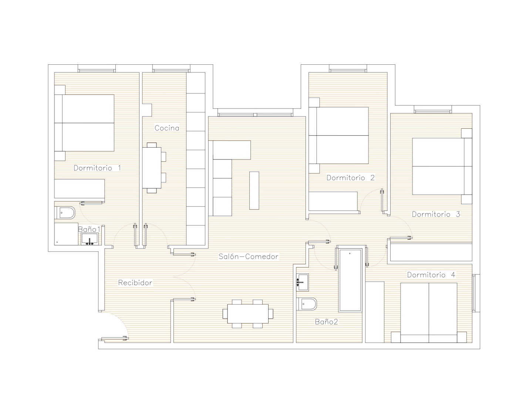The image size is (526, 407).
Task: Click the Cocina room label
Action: (167, 128)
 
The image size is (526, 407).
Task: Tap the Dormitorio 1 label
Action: (97, 168)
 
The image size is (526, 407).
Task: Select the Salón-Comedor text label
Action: (248, 256)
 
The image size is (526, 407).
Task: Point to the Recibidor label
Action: (135, 283)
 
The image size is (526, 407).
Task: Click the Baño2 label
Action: (326, 322)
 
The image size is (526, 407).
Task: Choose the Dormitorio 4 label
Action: (431, 275)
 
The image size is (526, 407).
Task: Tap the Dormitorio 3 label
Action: (436, 214)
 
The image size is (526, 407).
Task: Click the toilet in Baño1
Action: (65, 213)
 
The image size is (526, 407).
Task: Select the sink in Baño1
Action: (90, 239)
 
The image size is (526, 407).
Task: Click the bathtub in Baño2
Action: (350, 280)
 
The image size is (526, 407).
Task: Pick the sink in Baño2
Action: (302, 282)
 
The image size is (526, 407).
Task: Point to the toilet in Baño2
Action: (306, 304)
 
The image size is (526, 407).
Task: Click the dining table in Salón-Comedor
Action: (248, 314)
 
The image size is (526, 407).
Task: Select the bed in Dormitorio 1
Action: (84, 123)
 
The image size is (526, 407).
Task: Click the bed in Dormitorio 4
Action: (429, 313)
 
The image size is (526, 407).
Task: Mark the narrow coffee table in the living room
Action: (254, 190)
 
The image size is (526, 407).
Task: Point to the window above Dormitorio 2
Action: (348, 68)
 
